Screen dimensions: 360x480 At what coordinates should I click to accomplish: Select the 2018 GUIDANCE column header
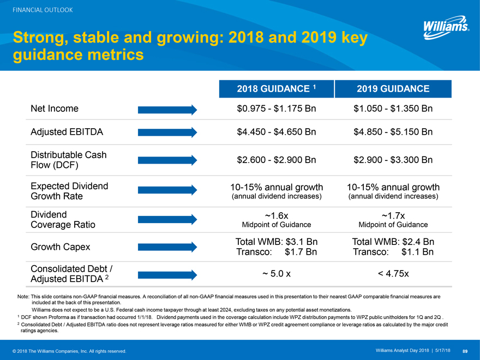click(276, 89)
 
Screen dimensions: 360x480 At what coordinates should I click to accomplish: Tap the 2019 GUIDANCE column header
click(393, 89)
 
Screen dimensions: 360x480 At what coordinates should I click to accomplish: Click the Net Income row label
click(55, 109)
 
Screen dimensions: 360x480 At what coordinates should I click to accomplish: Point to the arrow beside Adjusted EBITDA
click(167, 133)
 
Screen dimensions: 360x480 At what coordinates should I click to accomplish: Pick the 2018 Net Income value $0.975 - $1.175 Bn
click(277, 109)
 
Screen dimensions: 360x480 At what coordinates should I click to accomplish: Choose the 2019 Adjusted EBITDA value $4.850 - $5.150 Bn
click(393, 132)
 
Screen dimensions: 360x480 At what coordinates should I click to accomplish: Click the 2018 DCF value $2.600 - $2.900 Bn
click(277, 160)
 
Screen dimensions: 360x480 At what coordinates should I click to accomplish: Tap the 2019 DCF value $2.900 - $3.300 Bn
click(393, 160)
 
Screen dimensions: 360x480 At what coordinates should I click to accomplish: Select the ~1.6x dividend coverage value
click(276, 214)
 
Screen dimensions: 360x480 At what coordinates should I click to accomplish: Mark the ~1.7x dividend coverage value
click(393, 214)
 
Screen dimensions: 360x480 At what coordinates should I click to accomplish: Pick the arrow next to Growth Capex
click(167, 247)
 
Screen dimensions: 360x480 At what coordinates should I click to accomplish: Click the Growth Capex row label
click(61, 247)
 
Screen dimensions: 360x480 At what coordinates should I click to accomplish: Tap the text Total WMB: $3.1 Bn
click(276, 241)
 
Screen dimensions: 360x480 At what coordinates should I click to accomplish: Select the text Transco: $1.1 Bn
click(393, 252)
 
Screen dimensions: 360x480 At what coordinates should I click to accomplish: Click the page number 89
click(465, 350)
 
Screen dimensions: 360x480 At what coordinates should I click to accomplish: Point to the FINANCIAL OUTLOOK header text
click(39, 10)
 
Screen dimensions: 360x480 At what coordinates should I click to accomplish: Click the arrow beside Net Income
click(167, 109)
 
